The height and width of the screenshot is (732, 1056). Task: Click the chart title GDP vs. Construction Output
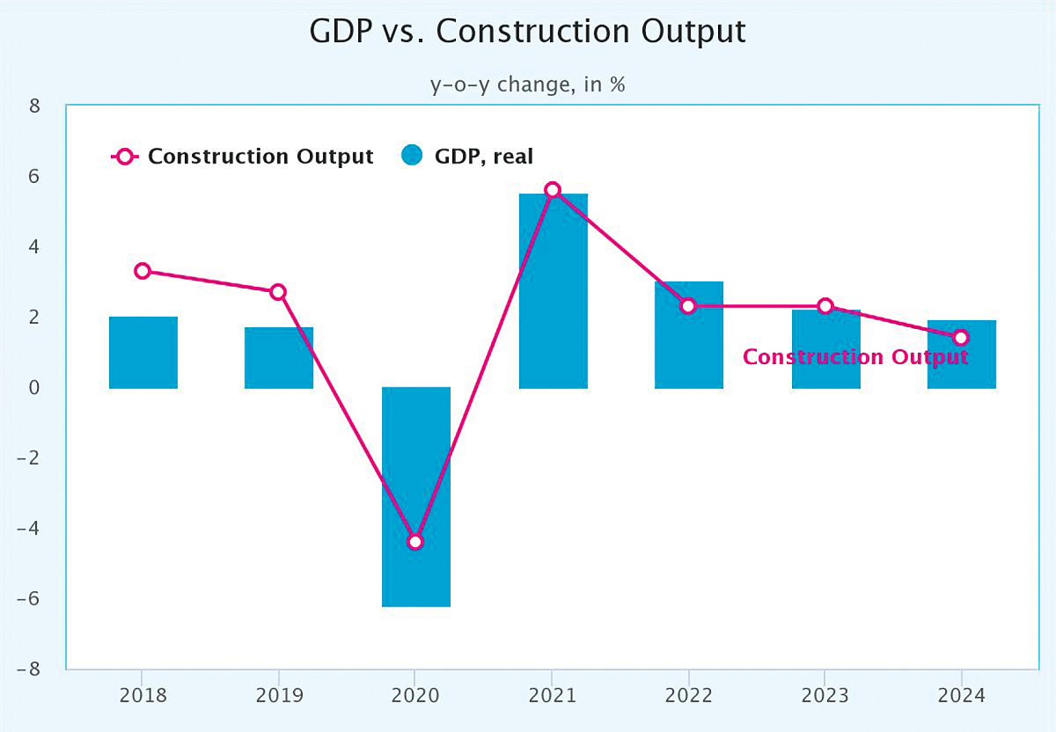[x=527, y=32]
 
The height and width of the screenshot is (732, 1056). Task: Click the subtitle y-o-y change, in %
[x=527, y=85]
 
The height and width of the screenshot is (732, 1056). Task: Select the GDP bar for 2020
[x=416, y=497]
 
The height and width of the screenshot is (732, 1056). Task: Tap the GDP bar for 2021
[x=553, y=290]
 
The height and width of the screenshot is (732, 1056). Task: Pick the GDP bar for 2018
[x=143, y=352]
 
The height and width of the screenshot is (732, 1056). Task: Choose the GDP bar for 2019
[x=279, y=357]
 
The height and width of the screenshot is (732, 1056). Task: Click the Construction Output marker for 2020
[x=415, y=541]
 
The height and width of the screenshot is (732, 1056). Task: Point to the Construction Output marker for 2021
[x=553, y=190]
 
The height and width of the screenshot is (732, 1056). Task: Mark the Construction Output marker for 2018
[x=143, y=271]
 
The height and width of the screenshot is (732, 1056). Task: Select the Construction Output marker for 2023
[x=825, y=306]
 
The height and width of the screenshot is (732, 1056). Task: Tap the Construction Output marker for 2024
[x=961, y=338]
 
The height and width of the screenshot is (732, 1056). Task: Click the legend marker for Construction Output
[x=125, y=157]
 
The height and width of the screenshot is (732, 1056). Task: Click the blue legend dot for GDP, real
[x=413, y=157]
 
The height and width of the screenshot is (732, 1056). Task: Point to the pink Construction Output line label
[x=854, y=357]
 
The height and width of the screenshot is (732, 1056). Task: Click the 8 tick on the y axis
[x=35, y=106]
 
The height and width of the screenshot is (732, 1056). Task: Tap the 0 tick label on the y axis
[x=35, y=387]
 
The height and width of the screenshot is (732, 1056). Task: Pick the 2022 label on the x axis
[x=688, y=695]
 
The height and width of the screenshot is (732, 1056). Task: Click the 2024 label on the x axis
[x=961, y=695]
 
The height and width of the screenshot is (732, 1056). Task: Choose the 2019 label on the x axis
[x=279, y=695]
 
